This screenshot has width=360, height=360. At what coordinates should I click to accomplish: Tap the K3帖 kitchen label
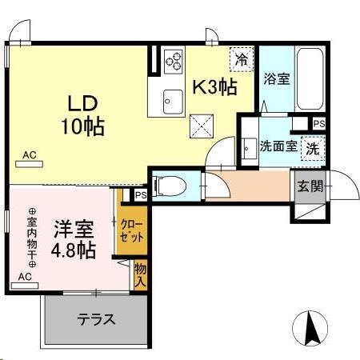(x=213, y=87)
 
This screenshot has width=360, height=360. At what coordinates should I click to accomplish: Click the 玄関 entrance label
(x=311, y=186)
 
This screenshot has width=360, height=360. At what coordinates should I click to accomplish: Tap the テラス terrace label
(x=96, y=318)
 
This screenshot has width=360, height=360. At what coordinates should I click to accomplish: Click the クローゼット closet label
(x=133, y=231)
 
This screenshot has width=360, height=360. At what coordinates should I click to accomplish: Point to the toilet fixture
(x=168, y=186)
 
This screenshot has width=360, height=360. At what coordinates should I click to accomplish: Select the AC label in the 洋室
(x=24, y=276)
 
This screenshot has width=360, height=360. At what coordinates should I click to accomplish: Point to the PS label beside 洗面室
(x=318, y=123)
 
